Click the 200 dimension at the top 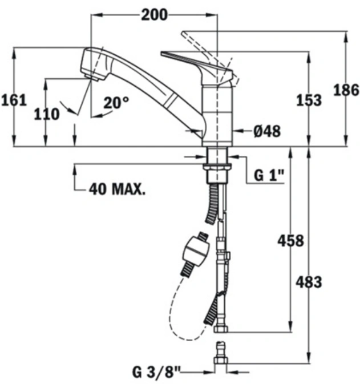[x=155, y=15]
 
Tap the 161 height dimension [x=14, y=100]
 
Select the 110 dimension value [x=47, y=114]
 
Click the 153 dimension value [x=309, y=100]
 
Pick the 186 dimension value [x=346, y=90]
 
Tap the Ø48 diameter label [x=267, y=131]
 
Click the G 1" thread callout [x=269, y=175]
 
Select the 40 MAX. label [x=117, y=189]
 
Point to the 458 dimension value [x=290, y=240]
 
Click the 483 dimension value [x=309, y=282]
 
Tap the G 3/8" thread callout [x=156, y=372]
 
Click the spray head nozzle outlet [x=94, y=77]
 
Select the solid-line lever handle [x=197, y=68]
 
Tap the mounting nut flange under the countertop [x=217, y=167]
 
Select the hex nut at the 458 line [x=221, y=329]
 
